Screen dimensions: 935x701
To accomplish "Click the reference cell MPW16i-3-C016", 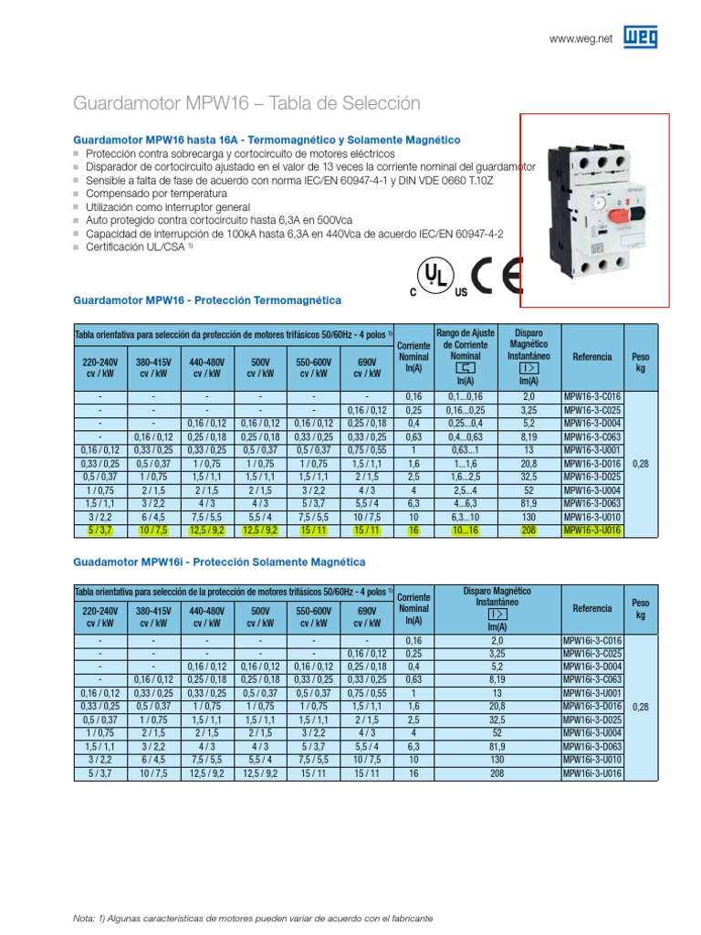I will [591, 641].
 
